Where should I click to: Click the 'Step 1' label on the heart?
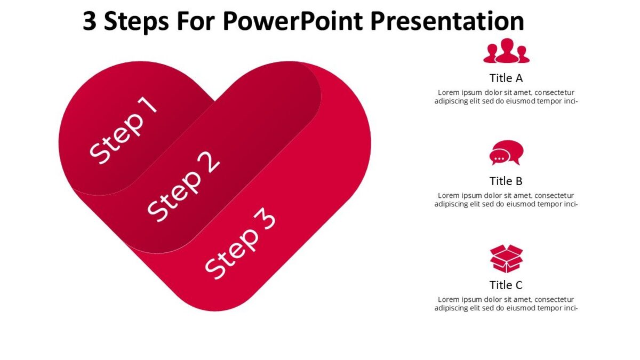coord(124,130)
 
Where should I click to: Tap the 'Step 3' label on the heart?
coord(241,243)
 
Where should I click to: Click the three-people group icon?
coord(506,51)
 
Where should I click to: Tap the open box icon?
coord(506,258)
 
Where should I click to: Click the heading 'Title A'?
coord(506,78)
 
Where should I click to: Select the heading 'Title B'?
coord(506,181)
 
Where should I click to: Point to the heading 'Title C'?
coord(506,285)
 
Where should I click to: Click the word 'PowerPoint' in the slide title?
coord(293,21)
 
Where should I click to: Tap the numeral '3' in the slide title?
coord(90,21)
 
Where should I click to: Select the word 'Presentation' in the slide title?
coord(447,21)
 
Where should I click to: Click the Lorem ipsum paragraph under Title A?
coord(506,97)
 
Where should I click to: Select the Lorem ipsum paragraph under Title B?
coord(506,199)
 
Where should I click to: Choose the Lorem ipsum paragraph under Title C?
coord(506,303)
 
